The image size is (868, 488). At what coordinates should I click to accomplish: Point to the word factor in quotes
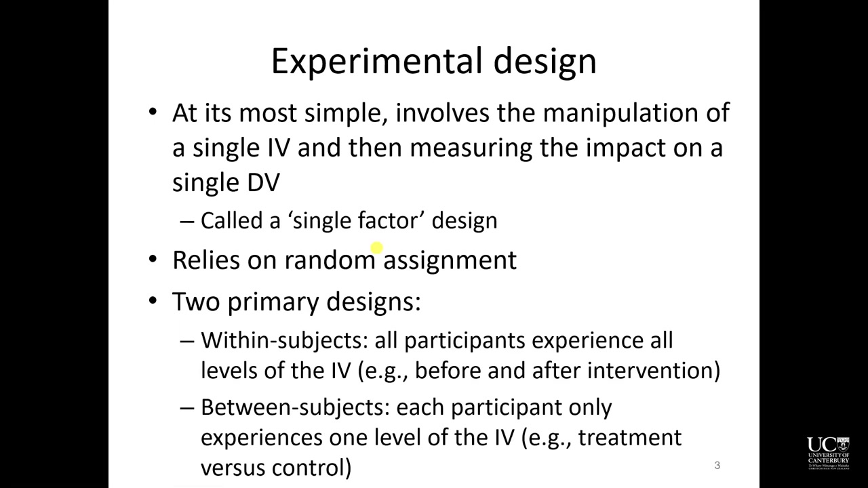pos(388,221)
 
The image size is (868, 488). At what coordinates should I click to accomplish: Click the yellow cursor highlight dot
pos(377,249)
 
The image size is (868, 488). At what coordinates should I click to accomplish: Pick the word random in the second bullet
pos(329,260)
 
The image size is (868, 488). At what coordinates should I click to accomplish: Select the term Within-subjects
pos(283,340)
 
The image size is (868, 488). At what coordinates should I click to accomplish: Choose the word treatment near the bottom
pos(630,438)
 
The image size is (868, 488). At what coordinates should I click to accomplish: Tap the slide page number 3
pos(717,465)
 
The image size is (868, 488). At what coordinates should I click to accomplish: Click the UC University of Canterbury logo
pos(828,453)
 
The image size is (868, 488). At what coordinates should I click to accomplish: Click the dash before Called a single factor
pos(186,221)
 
